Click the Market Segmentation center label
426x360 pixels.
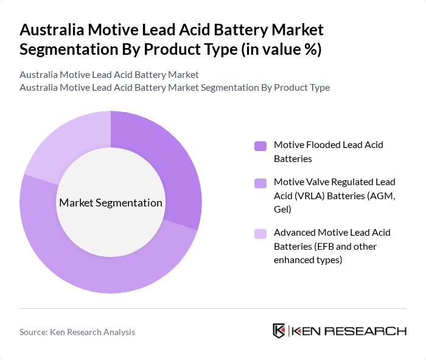(x=111, y=203)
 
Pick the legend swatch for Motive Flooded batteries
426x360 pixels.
(x=260, y=146)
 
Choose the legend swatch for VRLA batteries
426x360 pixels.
(x=260, y=183)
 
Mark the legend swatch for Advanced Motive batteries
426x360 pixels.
(x=260, y=233)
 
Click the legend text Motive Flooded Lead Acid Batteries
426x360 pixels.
(x=328, y=152)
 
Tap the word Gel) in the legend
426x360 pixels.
(x=283, y=209)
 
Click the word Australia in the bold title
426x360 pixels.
(x=52, y=30)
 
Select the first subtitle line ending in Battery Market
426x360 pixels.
(x=109, y=75)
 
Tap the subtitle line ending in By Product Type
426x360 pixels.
(x=175, y=87)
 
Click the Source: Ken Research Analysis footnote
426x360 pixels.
(x=77, y=332)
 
